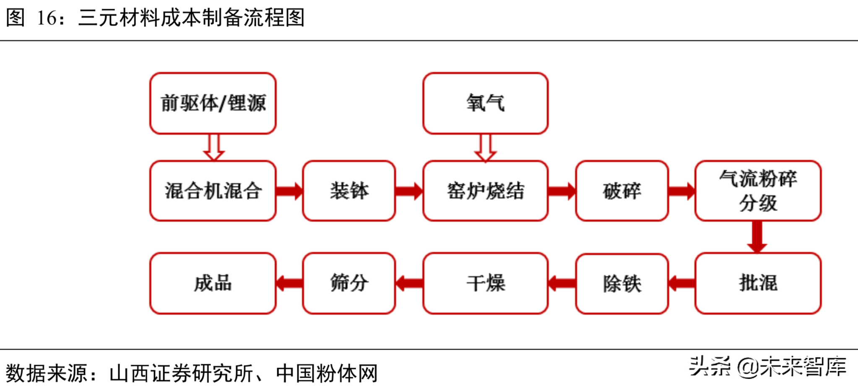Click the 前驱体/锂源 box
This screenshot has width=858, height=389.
(213, 103)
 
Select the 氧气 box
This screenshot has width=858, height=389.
(485, 103)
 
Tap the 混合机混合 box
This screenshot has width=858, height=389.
(213, 191)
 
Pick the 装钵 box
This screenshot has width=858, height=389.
(348, 191)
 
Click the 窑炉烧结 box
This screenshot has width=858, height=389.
(485, 191)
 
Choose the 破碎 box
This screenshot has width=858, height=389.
(621, 191)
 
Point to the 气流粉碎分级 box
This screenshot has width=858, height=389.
(757, 191)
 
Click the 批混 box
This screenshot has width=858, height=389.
(757, 283)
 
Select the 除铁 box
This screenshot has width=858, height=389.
(621, 283)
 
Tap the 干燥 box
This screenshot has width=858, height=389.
(485, 283)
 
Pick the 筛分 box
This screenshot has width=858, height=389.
(348, 283)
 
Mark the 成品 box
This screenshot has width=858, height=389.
(213, 283)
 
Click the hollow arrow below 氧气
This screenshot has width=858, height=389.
(485, 148)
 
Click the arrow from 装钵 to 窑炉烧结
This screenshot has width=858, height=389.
(409, 191)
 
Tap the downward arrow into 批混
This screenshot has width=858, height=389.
(757, 237)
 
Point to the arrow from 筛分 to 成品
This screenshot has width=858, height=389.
(289, 283)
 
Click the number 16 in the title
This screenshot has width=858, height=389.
(47, 18)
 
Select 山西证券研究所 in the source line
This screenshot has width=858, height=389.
(181, 373)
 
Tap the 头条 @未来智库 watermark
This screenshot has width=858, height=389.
(767, 367)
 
